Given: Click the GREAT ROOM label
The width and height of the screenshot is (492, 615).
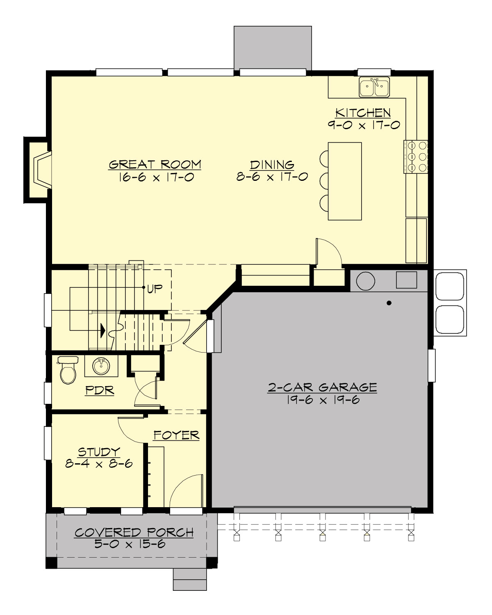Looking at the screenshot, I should coord(155,164).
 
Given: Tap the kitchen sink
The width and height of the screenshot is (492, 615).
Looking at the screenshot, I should coord(374,87).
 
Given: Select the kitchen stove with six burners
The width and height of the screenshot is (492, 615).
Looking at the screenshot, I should coord(416,157).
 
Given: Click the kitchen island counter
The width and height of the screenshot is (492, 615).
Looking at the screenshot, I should coord(345,181).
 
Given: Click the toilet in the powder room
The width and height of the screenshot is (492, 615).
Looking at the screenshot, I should coord(68,370).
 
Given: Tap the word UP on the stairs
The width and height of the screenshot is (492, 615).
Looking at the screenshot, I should coord(155,289).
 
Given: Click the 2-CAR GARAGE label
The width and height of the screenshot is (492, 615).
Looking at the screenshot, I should coord(322,387).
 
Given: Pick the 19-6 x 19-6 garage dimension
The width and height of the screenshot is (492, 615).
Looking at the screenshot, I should coord(323,400).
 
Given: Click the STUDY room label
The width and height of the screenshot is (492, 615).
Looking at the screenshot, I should coord(99,452).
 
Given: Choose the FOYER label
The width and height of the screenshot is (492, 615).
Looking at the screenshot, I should coord(176,435).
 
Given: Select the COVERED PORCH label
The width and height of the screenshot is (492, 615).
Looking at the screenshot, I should coord(134,533).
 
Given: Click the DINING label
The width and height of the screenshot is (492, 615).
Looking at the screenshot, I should coord(272,165).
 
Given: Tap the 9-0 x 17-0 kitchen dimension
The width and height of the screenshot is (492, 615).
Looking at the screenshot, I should coord(363,125).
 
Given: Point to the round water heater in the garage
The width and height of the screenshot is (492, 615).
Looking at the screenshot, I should coord(366,281).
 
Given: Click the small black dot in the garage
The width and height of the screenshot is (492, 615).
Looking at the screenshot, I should coord(389,303).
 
